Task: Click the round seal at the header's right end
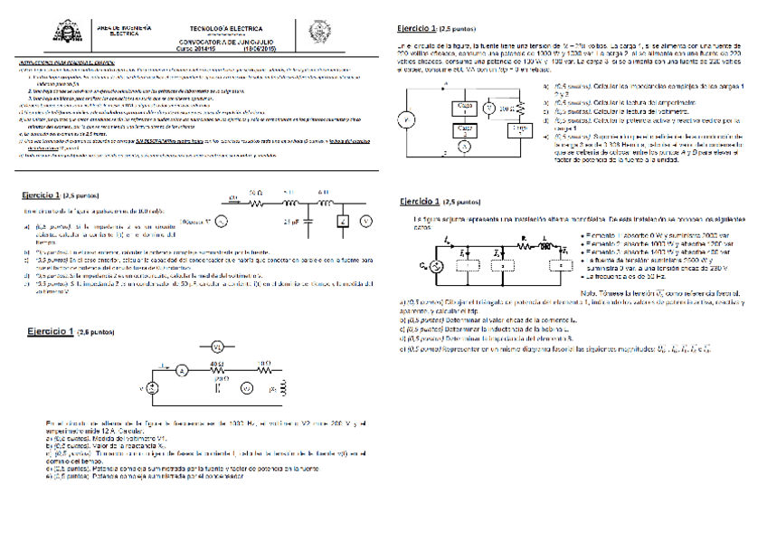[x=318, y=31]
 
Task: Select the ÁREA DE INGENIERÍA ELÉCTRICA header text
[x=118, y=32]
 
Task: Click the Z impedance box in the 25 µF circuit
[x=342, y=221]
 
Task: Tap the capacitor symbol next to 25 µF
[x=310, y=219]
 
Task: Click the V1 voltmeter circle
[x=216, y=347]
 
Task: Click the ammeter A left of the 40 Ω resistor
[x=180, y=370]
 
